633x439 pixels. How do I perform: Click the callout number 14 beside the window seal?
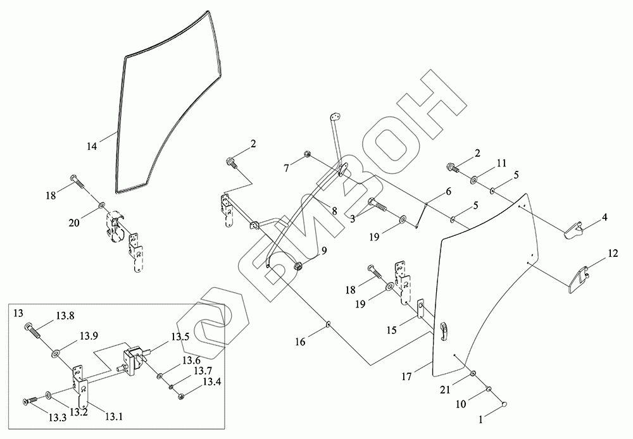click(92, 146)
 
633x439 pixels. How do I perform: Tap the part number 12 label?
click(612, 254)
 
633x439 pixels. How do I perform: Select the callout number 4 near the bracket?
click(605, 218)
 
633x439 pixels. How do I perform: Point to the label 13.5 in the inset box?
click(180, 337)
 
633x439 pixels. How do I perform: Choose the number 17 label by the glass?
click(408, 376)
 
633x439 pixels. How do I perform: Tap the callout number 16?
click(300, 342)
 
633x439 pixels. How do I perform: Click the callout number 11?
click(501, 163)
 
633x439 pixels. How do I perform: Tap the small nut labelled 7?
click(306, 154)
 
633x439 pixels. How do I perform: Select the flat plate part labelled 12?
click(579, 279)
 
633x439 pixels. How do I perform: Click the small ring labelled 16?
click(329, 325)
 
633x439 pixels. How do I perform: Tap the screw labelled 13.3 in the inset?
click(28, 400)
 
